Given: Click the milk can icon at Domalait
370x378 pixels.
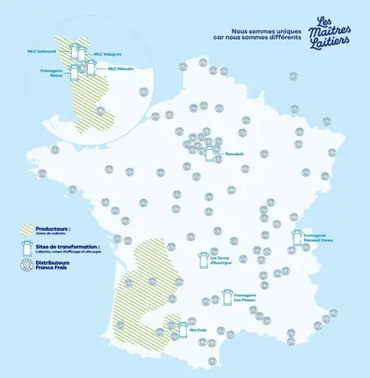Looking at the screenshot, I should tap(212, 152).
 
